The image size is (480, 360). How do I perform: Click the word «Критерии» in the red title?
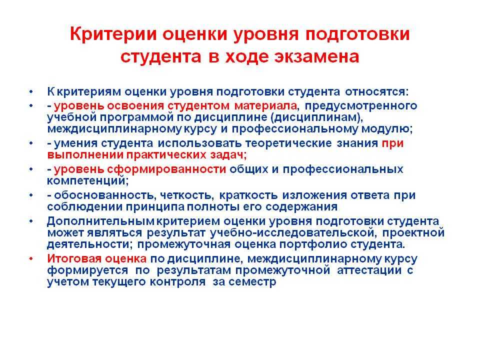click(113, 34)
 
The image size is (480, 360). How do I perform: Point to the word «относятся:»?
click(377, 92)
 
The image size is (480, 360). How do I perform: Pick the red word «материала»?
click(265, 106)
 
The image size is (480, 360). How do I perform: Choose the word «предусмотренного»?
click(361, 106)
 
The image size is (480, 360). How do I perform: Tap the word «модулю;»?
click(387, 129)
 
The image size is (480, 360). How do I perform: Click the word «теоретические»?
click(288, 143)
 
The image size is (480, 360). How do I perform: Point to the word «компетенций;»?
click(88, 181)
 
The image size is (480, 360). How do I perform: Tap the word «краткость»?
click(248, 195)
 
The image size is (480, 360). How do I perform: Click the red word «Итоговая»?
click(74, 258)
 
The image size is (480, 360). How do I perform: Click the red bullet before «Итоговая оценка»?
click(31, 259)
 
